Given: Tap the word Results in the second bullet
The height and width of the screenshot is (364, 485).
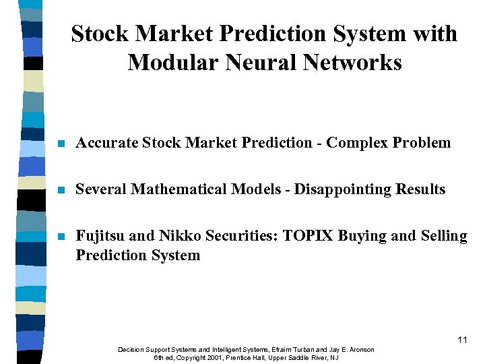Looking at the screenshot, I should click(420, 189).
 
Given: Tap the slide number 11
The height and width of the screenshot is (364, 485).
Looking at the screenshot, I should click(461, 340).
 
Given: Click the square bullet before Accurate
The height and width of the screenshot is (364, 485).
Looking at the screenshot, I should click(61, 144).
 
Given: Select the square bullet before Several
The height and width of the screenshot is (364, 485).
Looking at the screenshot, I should click(61, 190).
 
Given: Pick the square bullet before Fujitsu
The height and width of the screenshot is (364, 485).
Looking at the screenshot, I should click(61, 237).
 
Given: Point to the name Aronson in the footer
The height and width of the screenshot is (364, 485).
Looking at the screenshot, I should click(360, 350).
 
